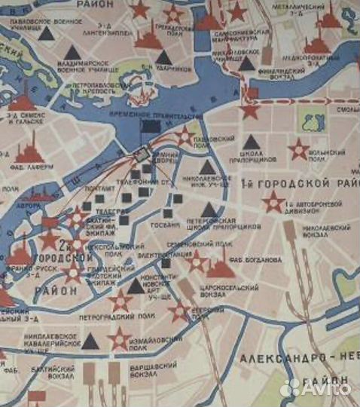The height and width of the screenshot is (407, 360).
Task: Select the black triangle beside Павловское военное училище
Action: [x=47, y=32]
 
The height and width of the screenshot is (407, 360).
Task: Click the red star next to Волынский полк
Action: [x=299, y=148]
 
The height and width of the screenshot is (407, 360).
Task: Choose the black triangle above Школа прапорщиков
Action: [x=252, y=142]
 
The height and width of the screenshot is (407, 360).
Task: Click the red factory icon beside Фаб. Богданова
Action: [x=221, y=268]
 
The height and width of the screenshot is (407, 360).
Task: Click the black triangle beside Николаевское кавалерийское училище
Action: [x=90, y=341]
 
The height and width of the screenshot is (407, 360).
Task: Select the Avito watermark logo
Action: [x=316, y=387]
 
